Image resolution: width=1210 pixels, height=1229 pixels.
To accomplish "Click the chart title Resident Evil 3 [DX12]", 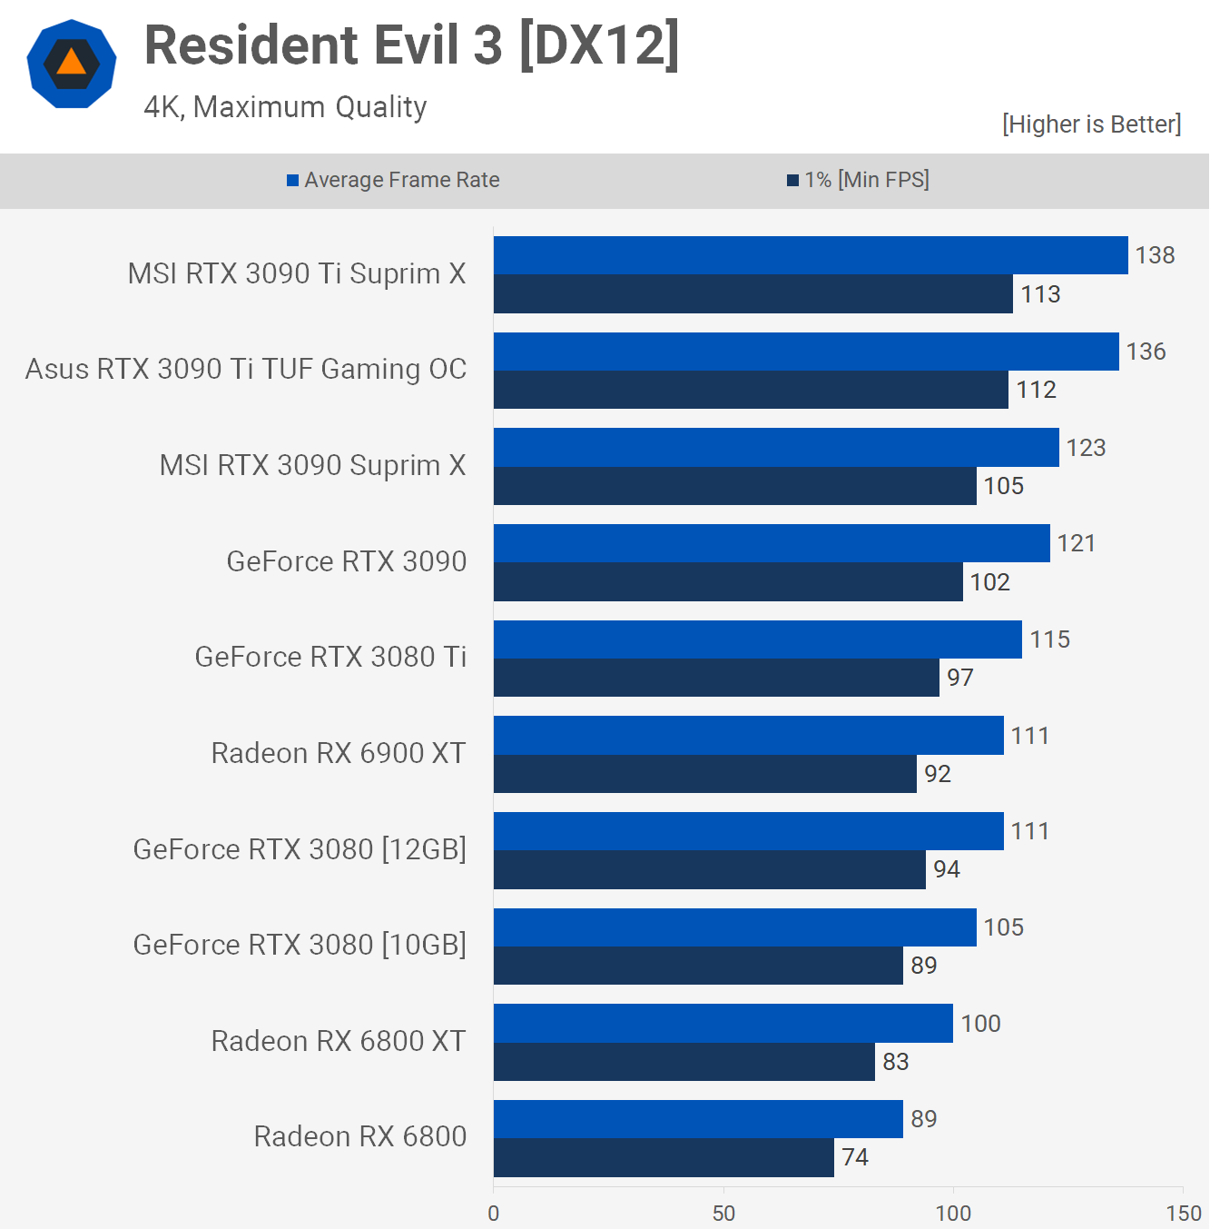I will click(x=411, y=45).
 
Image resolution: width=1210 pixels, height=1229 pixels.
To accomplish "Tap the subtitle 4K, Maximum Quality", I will click(x=285, y=107).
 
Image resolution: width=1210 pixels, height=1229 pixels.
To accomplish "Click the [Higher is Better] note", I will click(x=1091, y=124).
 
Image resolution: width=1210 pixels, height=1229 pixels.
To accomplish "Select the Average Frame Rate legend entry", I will click(x=393, y=180).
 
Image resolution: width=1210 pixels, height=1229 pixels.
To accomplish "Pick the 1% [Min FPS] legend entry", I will click(x=858, y=180).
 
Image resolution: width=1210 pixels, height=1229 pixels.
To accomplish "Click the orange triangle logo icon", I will click(x=72, y=64).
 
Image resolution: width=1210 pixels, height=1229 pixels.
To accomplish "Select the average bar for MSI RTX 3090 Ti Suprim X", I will click(x=811, y=255).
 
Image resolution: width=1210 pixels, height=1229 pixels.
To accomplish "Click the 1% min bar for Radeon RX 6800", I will click(x=664, y=1157).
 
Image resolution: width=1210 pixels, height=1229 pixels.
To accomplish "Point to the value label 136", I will click(x=1146, y=352).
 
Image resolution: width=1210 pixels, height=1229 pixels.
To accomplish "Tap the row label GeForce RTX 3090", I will click(x=346, y=561).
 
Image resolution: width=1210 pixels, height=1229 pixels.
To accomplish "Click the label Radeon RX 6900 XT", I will click(x=338, y=753).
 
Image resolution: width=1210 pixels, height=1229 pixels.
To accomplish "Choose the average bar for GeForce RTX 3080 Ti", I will click(x=758, y=639).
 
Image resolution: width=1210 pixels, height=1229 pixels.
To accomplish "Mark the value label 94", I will click(x=946, y=869).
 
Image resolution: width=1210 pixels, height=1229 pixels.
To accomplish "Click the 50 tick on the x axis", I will click(x=723, y=1213).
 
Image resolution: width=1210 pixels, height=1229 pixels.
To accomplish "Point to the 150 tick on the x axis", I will click(x=1183, y=1213).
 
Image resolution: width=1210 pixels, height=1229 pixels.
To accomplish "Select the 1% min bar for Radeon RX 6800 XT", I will click(x=684, y=1061).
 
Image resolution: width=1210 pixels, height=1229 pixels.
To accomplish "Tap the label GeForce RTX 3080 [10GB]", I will click(x=300, y=945).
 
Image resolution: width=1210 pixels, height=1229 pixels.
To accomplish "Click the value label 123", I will click(x=1086, y=448).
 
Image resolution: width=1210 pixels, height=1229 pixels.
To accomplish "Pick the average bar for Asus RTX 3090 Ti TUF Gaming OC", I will click(x=806, y=352).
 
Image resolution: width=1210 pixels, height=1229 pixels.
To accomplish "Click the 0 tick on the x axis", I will click(x=494, y=1213).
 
